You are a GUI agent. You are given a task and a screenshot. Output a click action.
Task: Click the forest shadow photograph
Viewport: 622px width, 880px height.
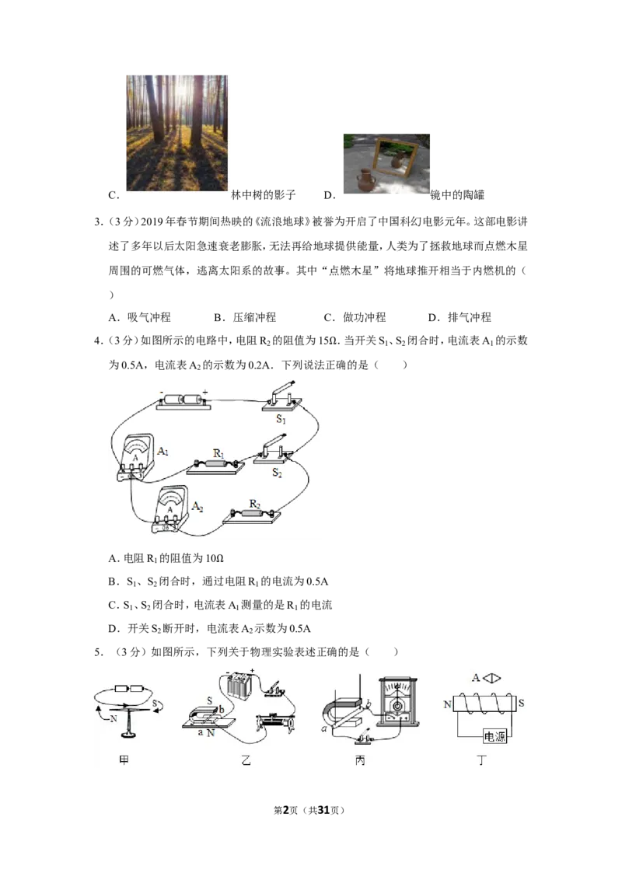(x=176, y=133)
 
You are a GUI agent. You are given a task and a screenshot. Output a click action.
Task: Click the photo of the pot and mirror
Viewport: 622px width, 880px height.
(x=386, y=164)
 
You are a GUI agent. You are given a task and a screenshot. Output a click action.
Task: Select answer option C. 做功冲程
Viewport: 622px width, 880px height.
(x=355, y=318)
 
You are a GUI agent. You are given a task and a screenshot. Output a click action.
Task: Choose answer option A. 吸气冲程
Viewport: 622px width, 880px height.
(x=140, y=318)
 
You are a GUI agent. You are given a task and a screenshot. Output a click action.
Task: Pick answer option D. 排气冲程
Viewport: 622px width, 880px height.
(x=460, y=318)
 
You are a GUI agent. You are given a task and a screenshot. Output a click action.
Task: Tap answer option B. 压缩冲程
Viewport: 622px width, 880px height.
(x=245, y=318)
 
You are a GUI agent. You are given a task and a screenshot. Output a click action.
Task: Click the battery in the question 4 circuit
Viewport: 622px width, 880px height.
(x=183, y=400)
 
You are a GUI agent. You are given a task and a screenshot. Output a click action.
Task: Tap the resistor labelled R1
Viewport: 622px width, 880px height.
(x=215, y=464)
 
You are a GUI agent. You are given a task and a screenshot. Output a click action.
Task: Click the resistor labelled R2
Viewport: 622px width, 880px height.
(x=252, y=514)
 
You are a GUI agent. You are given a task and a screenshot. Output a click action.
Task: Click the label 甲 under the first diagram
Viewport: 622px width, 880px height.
(x=124, y=760)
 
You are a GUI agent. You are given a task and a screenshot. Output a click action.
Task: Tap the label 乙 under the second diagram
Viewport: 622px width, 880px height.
(x=246, y=760)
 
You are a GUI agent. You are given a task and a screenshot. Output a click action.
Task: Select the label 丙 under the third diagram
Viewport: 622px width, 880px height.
(x=360, y=760)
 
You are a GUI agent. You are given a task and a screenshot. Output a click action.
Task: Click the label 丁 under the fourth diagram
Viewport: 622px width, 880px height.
(x=481, y=760)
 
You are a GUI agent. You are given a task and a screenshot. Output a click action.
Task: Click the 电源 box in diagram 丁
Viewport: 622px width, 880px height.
(x=494, y=736)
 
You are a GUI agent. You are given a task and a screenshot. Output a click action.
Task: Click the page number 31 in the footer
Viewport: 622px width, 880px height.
(x=323, y=810)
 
